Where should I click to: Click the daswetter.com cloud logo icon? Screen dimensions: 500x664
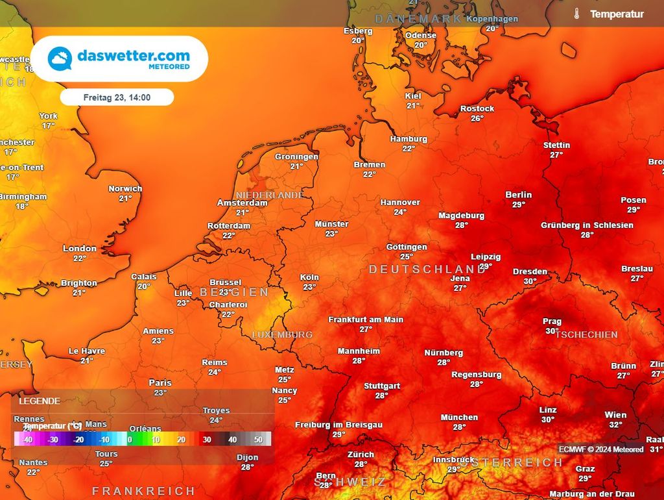point(60,58)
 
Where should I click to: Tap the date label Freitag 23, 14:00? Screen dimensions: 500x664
point(117,97)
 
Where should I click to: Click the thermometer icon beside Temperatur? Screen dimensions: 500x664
point(576,14)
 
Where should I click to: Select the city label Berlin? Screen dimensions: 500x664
point(518,195)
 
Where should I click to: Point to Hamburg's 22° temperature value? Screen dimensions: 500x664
point(409,149)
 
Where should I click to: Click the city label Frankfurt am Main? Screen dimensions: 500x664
point(366,319)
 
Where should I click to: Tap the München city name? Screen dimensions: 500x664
point(459,418)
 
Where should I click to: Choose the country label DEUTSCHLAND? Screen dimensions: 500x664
point(427,269)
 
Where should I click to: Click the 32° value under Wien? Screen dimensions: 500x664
point(615,425)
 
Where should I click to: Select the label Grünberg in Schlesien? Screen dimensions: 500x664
point(587,225)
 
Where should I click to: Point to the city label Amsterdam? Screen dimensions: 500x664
point(242,203)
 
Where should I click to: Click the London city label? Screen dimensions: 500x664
point(79,249)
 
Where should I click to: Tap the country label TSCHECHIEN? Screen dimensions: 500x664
point(587,334)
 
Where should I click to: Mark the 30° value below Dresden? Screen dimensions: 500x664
point(530,281)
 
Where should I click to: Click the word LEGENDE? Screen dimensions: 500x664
point(40,401)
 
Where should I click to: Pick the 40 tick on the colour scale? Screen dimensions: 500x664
point(232,440)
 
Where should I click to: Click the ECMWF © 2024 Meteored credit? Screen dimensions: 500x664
point(601,449)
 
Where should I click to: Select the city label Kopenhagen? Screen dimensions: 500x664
point(492,19)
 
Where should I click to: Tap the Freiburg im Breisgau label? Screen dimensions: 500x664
point(338,425)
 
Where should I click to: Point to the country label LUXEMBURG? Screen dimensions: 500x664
point(282,334)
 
